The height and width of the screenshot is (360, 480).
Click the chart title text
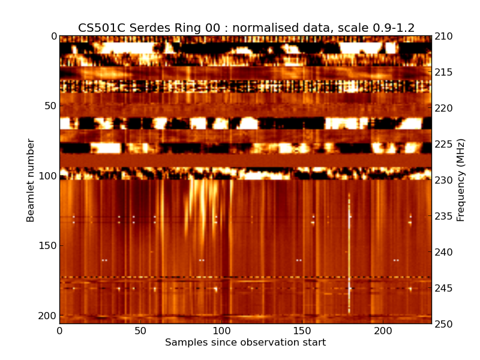pyautogui.click(x=246, y=28)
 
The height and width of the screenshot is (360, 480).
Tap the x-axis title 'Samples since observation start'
pyautogui.click(x=245, y=343)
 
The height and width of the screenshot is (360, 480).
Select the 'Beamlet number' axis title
pyautogui.click(x=31, y=180)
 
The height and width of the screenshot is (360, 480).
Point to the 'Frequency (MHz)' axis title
pyautogui.click(x=461, y=180)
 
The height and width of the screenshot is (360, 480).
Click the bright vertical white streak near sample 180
pyautogui.click(x=349, y=252)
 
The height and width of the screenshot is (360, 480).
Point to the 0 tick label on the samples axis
pyautogui.click(x=59, y=331)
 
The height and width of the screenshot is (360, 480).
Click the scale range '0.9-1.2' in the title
pyautogui.click(x=391, y=28)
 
